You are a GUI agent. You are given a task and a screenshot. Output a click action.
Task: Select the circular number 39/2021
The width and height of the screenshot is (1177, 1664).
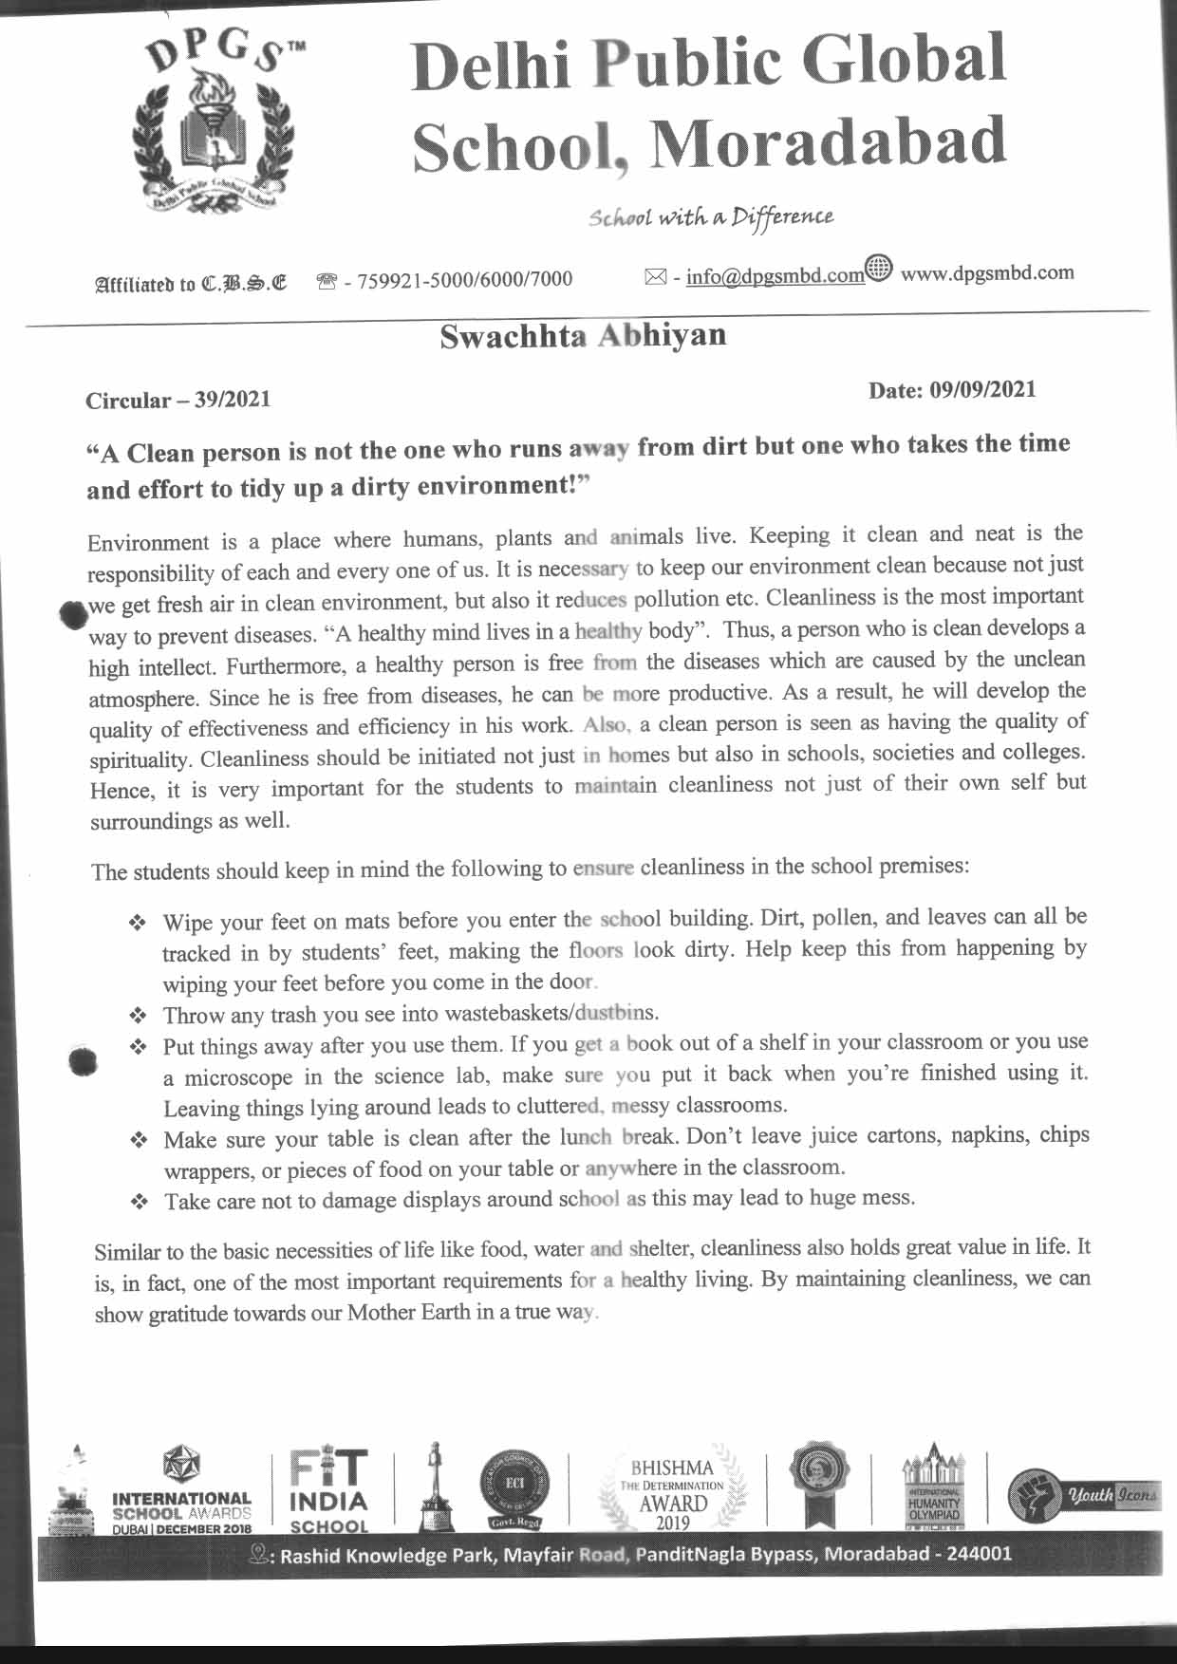click(233, 400)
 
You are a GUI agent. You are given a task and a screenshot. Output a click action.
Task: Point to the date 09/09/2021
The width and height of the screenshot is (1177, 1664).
click(982, 390)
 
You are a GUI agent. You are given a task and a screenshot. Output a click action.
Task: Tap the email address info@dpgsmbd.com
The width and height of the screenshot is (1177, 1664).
click(775, 276)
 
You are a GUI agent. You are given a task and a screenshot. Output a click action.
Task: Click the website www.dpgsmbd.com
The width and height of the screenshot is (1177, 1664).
click(987, 273)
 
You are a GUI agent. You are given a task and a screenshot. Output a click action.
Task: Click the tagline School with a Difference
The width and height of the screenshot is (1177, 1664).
click(711, 217)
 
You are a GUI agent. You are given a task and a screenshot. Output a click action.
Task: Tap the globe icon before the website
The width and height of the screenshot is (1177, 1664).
click(879, 270)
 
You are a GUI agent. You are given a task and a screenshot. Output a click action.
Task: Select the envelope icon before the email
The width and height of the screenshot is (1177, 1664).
click(655, 277)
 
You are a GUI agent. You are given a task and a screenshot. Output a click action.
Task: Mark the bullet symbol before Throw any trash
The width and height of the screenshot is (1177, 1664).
click(139, 1016)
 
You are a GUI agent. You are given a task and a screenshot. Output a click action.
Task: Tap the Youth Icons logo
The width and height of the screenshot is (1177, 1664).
click(1083, 1494)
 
